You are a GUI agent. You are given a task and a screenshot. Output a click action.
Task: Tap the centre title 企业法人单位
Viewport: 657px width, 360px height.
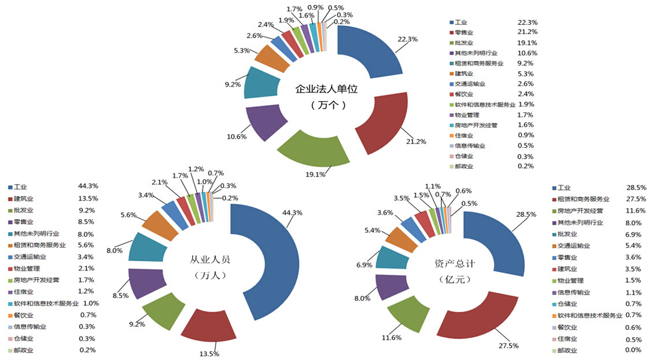tap(327, 89)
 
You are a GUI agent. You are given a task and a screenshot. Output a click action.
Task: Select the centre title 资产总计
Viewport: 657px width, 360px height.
tap(456, 264)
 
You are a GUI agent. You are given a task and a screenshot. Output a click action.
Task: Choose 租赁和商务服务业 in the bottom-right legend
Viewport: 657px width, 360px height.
tap(584, 199)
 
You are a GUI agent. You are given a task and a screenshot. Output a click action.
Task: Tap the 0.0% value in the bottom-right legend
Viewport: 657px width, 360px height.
tap(635, 350)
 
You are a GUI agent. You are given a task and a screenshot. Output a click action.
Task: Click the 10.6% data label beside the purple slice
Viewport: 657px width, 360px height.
tap(236, 136)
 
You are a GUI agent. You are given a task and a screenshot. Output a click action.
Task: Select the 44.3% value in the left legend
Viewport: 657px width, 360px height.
tap(88, 186)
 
